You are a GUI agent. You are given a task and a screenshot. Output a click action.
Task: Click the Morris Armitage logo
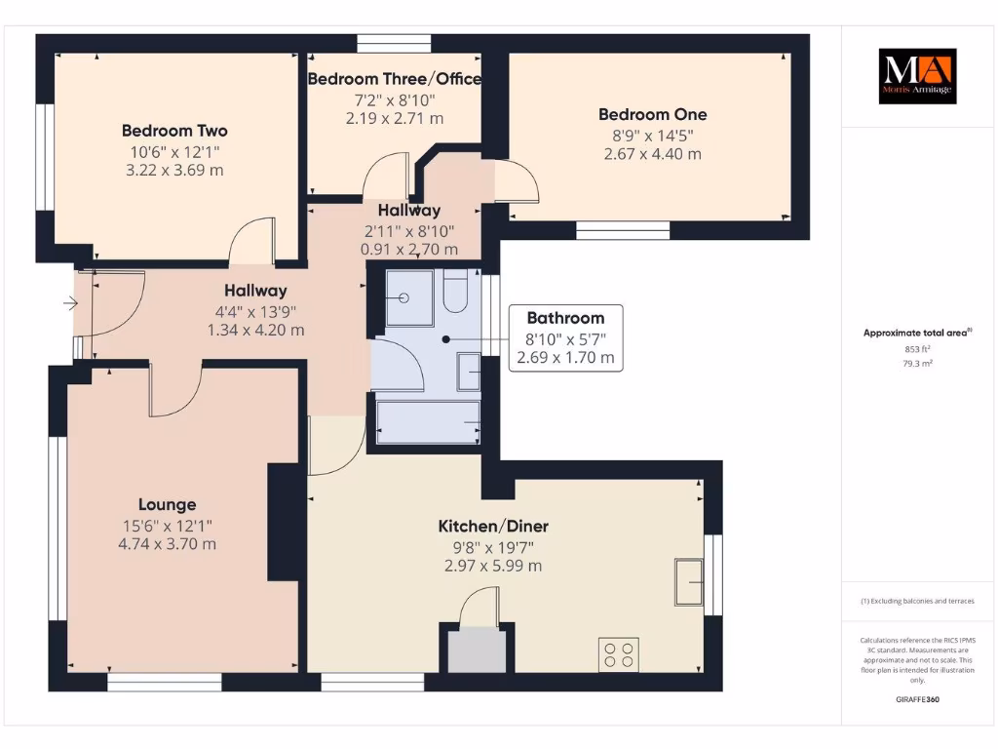pos(917,76)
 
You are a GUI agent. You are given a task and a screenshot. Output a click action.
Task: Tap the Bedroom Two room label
pos(174,131)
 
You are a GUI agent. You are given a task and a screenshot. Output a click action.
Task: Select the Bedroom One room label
pos(652,114)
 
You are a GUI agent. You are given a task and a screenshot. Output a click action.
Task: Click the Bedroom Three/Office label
pos(394,79)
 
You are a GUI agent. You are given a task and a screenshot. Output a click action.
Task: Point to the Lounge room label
pos(167,504)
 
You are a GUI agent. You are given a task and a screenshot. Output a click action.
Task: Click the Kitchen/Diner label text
pos(493,527)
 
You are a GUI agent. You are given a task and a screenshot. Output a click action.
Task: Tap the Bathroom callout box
pos(565,337)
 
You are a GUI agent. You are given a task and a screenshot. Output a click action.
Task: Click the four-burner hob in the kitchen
pos(618,653)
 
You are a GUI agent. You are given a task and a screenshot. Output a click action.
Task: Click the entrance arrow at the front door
pos(69,304)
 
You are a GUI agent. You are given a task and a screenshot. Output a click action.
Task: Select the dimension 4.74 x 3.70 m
pos(167,544)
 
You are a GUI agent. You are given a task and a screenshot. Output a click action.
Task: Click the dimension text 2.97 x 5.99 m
pos(493,567)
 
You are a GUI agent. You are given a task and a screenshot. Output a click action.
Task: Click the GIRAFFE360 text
pos(916,699)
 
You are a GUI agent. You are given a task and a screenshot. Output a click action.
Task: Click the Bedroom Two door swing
pos(251,242)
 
